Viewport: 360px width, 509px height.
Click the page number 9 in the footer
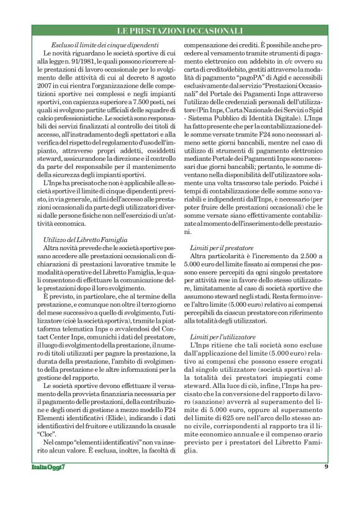coord(326,466)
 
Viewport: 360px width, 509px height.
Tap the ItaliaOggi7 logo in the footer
coord(48,467)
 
